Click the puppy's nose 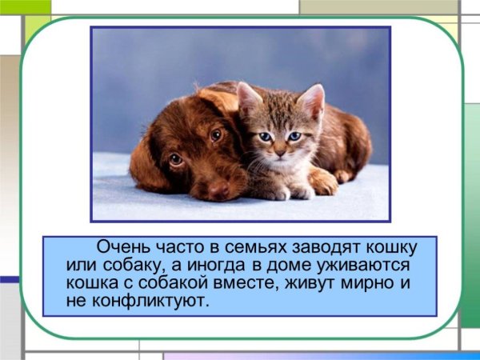click(218, 190)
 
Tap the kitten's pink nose click(279, 150)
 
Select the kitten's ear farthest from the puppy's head click(312, 100)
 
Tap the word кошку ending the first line click(395, 246)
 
